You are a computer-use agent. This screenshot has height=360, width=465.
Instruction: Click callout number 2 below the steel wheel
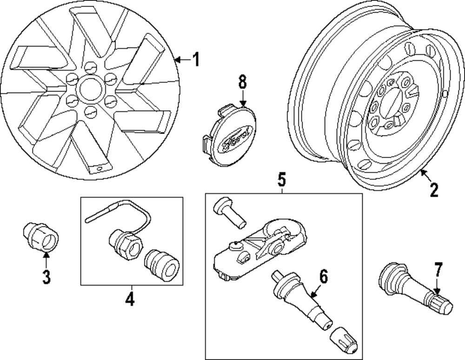[433, 190]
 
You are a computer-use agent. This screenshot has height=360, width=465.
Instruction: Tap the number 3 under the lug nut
[46, 277]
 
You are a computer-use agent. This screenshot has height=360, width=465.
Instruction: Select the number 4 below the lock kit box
[130, 298]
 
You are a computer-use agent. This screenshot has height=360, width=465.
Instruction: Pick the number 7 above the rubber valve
[439, 271]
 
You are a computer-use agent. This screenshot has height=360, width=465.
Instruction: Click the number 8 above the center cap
[242, 83]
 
